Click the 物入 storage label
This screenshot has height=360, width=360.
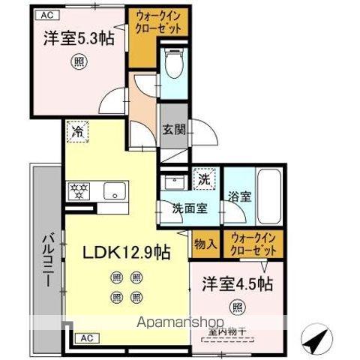(205, 243)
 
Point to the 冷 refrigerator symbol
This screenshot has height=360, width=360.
(76, 132)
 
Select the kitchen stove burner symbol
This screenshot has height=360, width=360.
(78, 189)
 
